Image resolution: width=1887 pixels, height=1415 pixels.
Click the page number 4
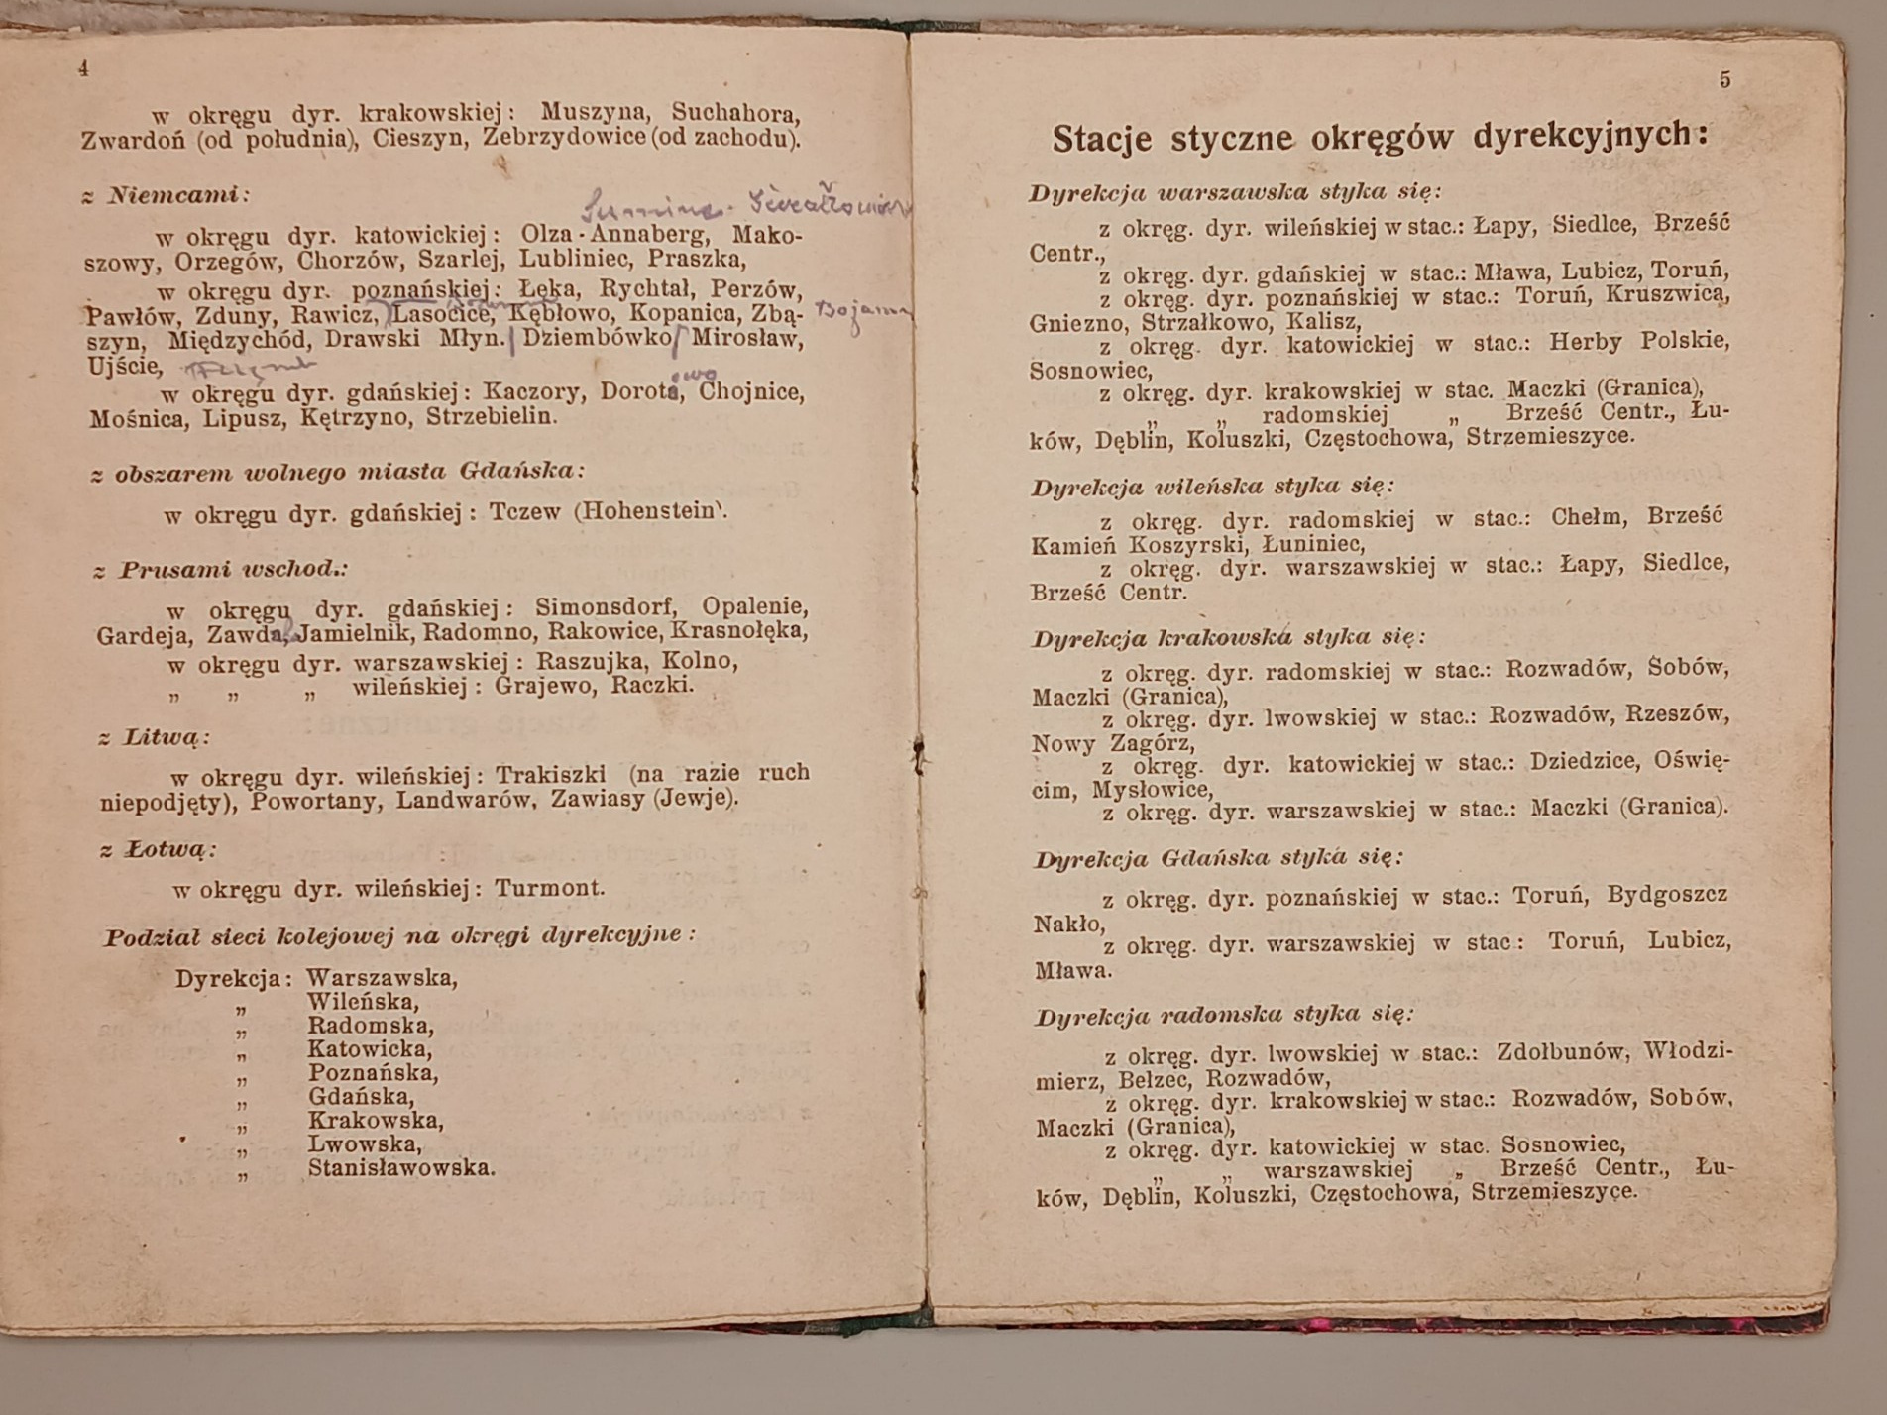pyautogui.click(x=84, y=69)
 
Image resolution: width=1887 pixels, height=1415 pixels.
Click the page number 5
pyautogui.click(x=1725, y=80)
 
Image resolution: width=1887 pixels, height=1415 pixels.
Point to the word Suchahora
pyautogui.click(x=735, y=112)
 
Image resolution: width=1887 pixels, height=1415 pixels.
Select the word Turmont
pyautogui.click(x=549, y=888)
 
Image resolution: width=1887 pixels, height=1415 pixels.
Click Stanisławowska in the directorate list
pyautogui.click(x=401, y=1167)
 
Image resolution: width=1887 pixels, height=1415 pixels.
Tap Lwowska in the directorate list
pyautogui.click(x=366, y=1143)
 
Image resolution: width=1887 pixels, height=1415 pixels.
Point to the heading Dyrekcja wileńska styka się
pyautogui.click(x=1212, y=487)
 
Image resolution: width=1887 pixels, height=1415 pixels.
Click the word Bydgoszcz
pyautogui.click(x=1667, y=895)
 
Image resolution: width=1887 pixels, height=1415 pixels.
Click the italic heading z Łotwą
pyautogui.click(x=158, y=850)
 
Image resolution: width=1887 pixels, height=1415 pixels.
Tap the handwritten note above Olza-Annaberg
pyautogui.click(x=743, y=203)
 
